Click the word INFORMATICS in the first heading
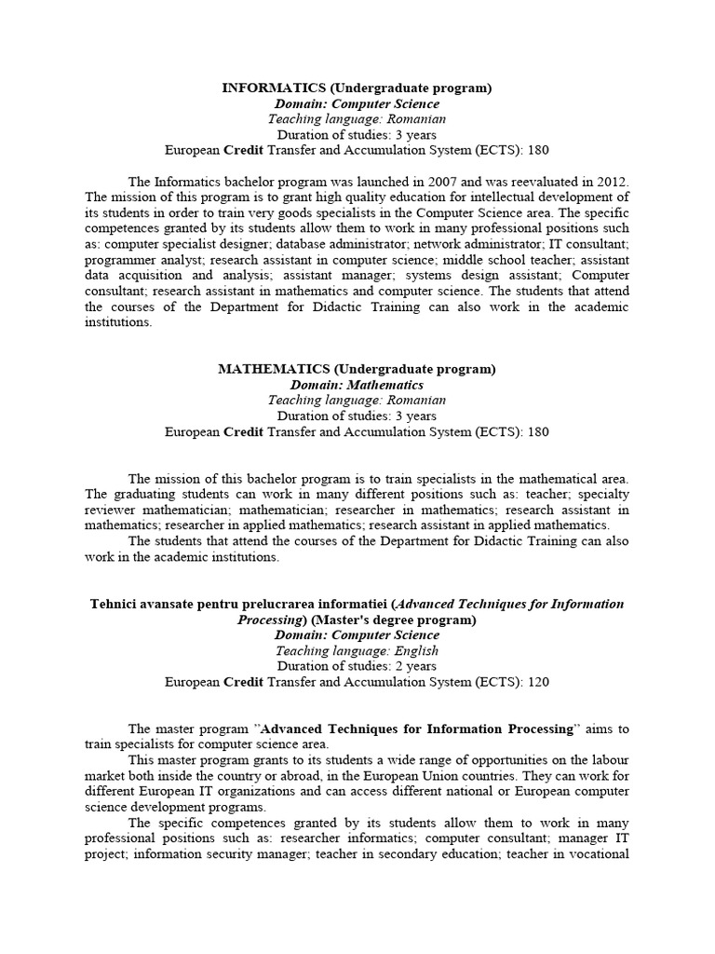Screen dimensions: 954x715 pos(266,88)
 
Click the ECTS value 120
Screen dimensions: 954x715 pos(537,682)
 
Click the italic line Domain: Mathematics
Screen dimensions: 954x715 pos(357,385)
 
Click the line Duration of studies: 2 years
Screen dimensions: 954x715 pos(357,666)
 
